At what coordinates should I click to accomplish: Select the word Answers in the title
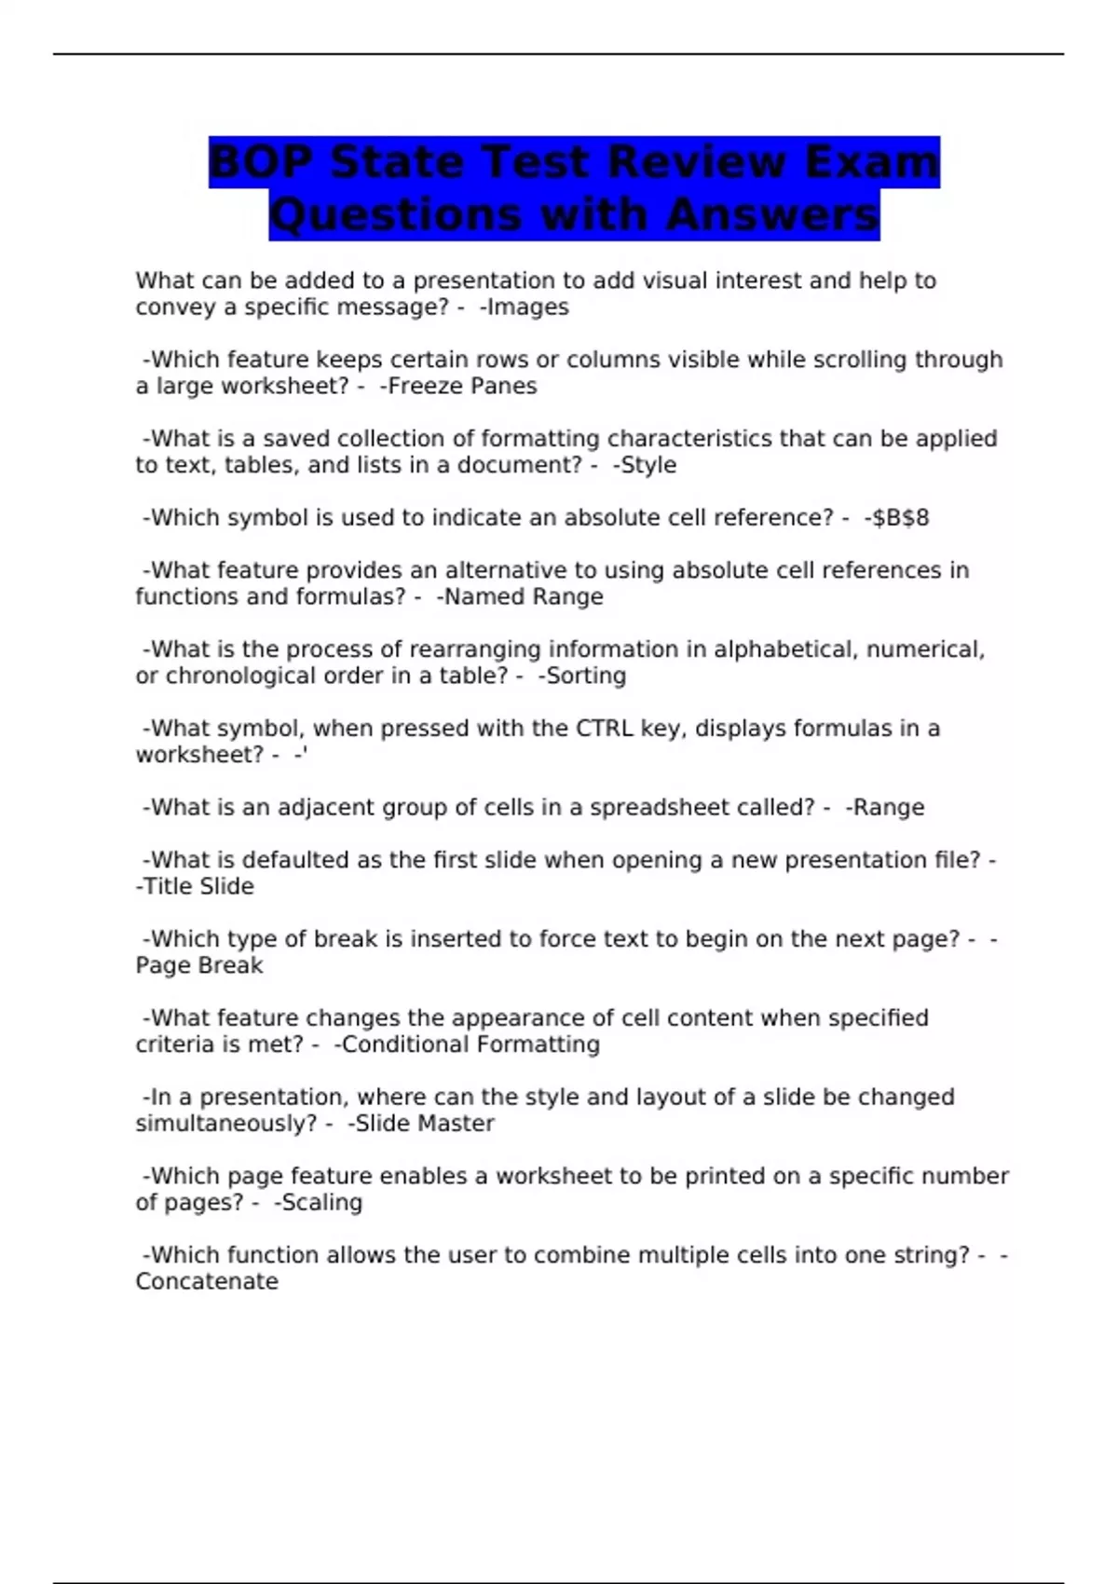click(x=772, y=215)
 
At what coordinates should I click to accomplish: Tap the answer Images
click(x=527, y=307)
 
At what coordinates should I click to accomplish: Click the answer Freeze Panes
click(x=461, y=387)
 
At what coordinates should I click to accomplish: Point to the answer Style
click(x=648, y=465)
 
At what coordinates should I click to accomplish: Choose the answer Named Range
click(x=524, y=597)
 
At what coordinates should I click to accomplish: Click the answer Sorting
click(x=585, y=676)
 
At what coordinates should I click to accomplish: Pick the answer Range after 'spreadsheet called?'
click(x=888, y=808)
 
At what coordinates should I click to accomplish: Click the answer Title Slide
click(x=198, y=887)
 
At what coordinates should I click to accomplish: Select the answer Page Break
click(x=199, y=966)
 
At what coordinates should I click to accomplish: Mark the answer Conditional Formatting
click(x=470, y=1045)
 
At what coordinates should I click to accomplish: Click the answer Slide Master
click(x=424, y=1124)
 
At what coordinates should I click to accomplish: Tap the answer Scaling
click(x=321, y=1203)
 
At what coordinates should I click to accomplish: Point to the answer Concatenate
click(x=207, y=1282)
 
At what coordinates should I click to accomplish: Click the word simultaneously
click(x=226, y=1124)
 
